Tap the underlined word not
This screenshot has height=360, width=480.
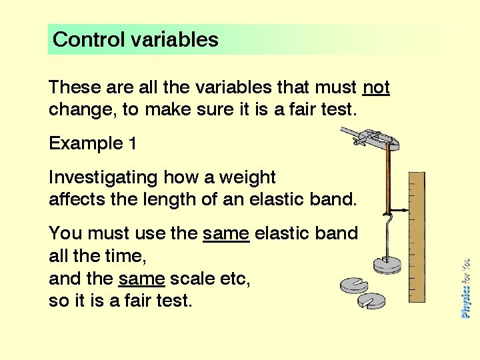pyautogui.click(x=376, y=87)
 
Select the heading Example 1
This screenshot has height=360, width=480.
pyautogui.click(x=86, y=143)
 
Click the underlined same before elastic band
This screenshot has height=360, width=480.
pyautogui.click(x=226, y=234)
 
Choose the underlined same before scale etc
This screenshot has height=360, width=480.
pyautogui.click(x=141, y=279)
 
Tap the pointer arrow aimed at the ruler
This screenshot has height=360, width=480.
pyautogui.click(x=397, y=209)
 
